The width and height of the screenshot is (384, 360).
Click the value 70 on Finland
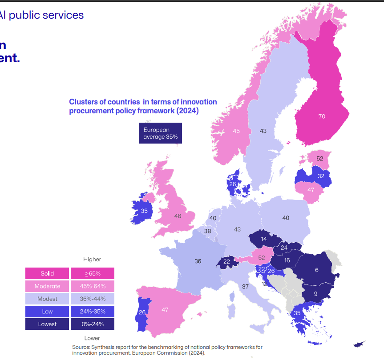(x=322, y=116)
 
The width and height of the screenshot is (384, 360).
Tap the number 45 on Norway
(x=236, y=131)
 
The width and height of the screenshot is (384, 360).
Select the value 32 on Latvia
(x=321, y=176)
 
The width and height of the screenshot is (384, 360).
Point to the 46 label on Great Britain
(x=178, y=216)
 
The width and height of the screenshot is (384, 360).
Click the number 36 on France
(x=198, y=261)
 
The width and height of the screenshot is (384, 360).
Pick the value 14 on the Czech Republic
(x=264, y=239)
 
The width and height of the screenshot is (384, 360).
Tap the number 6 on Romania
(x=317, y=270)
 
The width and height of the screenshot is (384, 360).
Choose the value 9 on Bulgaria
(x=315, y=293)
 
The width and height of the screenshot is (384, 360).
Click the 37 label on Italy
(x=245, y=287)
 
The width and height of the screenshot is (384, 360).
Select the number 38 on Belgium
(x=207, y=231)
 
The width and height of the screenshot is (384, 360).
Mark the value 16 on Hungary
(x=287, y=260)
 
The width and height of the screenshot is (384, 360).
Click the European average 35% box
(x=160, y=133)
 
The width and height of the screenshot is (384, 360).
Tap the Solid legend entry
(x=47, y=273)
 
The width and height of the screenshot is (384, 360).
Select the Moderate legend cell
(x=47, y=286)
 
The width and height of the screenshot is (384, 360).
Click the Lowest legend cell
(x=47, y=324)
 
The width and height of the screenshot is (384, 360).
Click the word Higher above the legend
(x=92, y=259)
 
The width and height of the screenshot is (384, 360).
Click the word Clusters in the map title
(x=82, y=102)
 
